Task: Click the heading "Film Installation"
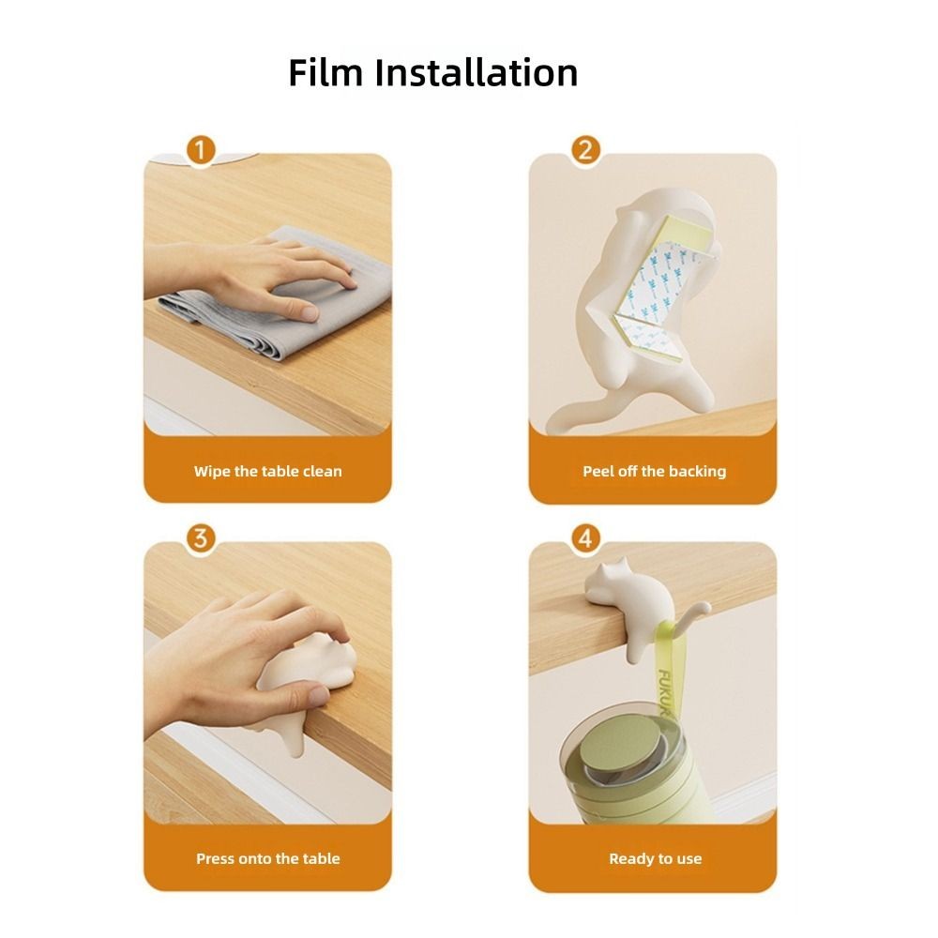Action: [433, 73]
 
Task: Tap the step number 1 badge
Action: [201, 149]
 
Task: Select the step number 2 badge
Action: [585, 149]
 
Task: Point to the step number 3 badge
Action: [201, 537]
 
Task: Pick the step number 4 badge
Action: [585, 537]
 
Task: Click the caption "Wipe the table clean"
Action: [268, 472]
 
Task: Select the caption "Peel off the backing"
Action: [655, 472]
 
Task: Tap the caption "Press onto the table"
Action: [268, 859]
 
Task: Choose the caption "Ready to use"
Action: [655, 859]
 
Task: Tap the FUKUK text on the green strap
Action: [665, 694]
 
